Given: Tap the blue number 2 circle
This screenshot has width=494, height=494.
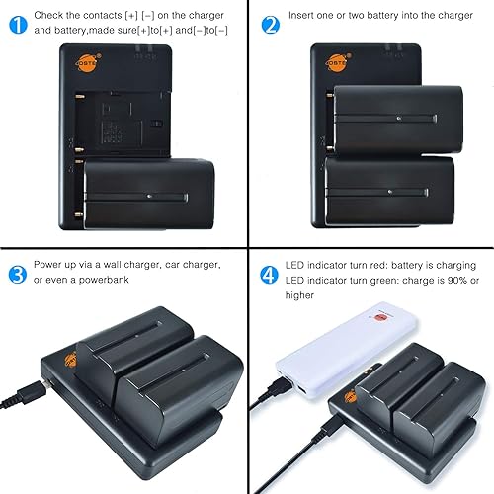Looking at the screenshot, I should tap(270, 22).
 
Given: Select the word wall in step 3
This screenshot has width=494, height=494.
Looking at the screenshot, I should tap(132, 266).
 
